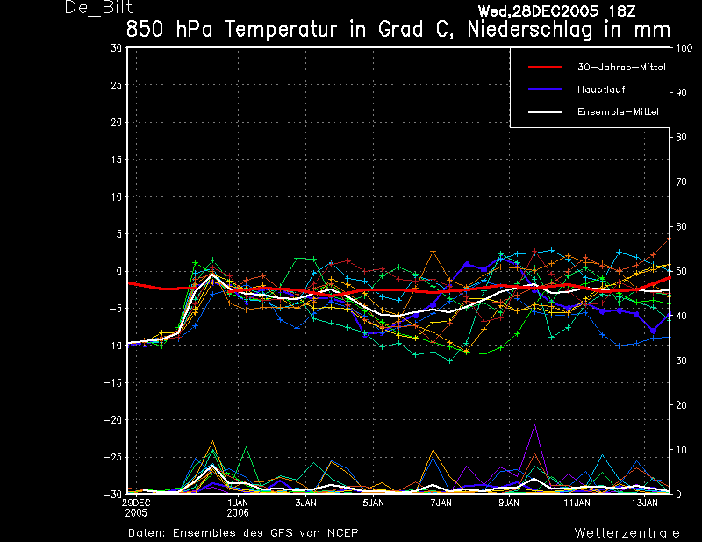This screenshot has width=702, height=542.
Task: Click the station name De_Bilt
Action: click(x=98, y=9)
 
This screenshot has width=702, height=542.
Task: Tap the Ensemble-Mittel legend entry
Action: click(x=617, y=111)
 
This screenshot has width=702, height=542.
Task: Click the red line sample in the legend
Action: click(x=544, y=67)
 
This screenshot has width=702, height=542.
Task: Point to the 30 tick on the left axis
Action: click(x=118, y=48)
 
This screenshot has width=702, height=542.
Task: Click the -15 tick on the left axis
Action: click(x=114, y=383)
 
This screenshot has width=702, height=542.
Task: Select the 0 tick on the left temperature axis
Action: click(x=119, y=272)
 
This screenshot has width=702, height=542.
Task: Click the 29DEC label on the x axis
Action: click(x=135, y=503)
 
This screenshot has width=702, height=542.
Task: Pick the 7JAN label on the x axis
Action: click(x=441, y=503)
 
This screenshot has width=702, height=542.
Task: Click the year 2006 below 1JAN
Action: click(x=239, y=512)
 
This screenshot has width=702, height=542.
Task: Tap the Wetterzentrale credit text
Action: click(x=627, y=532)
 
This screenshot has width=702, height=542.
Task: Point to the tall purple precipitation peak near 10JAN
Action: click(x=534, y=426)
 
